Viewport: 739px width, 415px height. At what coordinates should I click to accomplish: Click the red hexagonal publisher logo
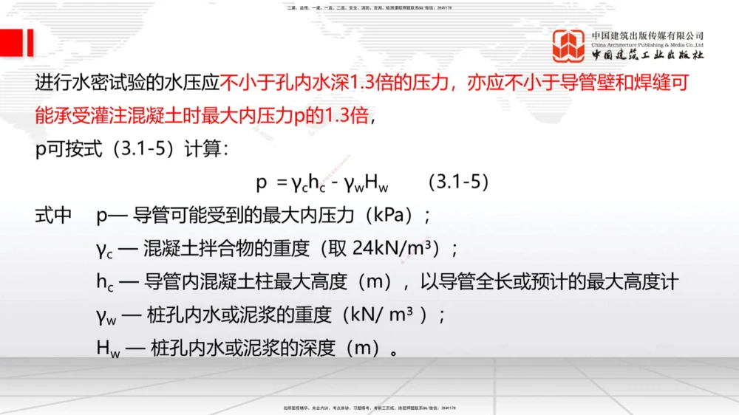click(569, 46)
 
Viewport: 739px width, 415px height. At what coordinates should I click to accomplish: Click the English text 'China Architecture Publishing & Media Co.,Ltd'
click(647, 45)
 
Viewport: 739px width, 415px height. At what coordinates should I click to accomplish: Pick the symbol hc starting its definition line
click(105, 282)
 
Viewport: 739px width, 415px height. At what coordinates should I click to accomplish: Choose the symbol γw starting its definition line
click(106, 315)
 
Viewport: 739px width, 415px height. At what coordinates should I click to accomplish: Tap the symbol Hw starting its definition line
click(106, 348)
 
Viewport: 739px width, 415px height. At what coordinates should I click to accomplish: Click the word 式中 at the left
click(53, 216)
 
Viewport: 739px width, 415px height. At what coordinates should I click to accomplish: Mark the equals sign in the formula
click(281, 182)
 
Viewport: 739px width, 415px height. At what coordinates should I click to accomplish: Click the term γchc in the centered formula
click(310, 182)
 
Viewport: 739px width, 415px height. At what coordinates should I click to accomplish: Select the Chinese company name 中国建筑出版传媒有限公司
click(647, 35)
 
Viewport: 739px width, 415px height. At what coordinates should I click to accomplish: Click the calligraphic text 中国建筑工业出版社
click(647, 56)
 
